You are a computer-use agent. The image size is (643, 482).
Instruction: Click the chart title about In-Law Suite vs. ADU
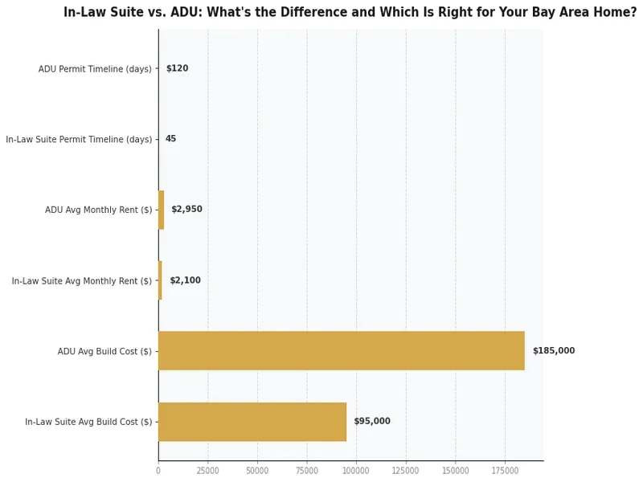(350, 13)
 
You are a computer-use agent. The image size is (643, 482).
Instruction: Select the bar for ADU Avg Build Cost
(341, 351)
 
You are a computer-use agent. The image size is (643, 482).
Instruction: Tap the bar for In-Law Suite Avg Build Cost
(252, 422)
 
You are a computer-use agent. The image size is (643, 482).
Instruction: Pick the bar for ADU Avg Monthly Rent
(162, 210)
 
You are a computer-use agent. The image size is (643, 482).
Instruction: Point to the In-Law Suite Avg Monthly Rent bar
(160, 280)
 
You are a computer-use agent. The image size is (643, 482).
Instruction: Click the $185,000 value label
(553, 351)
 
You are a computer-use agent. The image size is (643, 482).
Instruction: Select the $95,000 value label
(372, 422)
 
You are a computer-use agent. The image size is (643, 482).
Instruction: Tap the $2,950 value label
(186, 210)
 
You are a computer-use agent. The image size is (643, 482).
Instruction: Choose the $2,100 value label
(185, 280)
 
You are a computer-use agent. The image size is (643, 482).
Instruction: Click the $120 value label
(177, 69)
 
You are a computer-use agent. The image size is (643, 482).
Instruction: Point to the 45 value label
(170, 139)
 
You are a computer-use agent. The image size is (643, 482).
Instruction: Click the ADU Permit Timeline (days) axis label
(95, 69)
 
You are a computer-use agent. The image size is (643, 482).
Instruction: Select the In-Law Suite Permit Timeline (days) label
(79, 140)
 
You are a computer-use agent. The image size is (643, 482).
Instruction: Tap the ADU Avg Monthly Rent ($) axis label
(98, 210)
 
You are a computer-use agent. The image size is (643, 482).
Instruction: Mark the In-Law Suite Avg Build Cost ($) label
(88, 422)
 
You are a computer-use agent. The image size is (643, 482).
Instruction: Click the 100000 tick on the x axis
(356, 471)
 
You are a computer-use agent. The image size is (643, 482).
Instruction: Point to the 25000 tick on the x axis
(207, 471)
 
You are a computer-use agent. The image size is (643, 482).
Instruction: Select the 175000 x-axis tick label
(505, 471)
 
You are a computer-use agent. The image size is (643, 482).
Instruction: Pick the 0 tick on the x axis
(158, 471)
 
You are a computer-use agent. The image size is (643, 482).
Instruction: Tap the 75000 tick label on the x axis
(306, 471)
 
